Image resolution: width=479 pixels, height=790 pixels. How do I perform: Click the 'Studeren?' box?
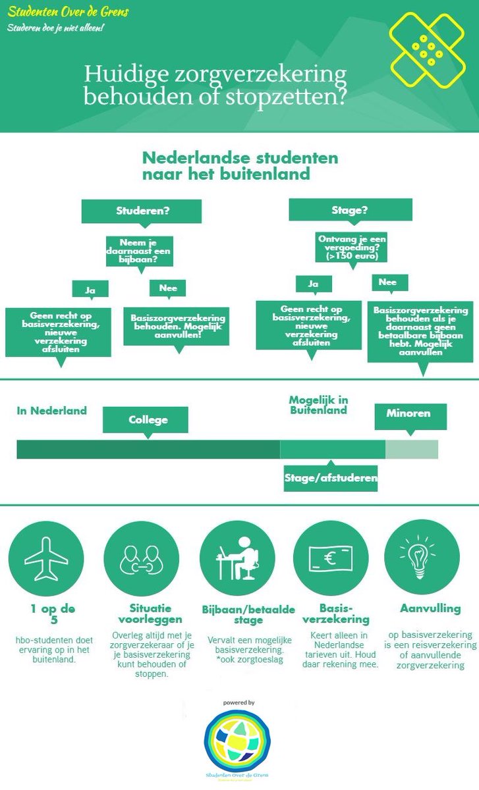tap(141, 211)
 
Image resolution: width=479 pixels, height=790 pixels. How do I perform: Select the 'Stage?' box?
tap(350, 210)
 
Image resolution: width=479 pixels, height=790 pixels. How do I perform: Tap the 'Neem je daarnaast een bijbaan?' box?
tap(139, 251)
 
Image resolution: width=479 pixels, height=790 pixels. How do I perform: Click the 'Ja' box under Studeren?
tap(90, 288)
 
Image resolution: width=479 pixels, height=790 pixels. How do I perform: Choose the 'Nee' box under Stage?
tap(389, 282)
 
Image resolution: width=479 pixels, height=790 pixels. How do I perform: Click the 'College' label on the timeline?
tap(148, 419)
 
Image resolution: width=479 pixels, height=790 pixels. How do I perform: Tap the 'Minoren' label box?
tap(411, 414)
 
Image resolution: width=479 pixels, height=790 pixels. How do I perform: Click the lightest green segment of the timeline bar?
tap(411, 450)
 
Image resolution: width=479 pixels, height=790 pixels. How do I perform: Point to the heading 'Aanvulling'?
tap(430, 609)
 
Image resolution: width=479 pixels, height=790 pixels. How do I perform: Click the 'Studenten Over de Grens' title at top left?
tap(68, 13)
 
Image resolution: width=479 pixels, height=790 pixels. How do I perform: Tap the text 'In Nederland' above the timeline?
tap(52, 411)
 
